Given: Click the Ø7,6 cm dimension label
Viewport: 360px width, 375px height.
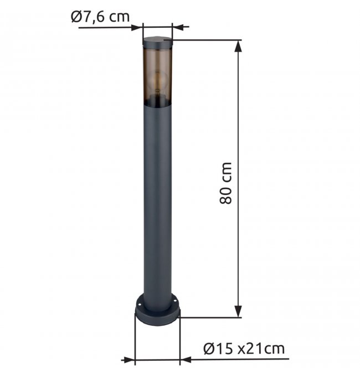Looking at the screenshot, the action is pos(100,17).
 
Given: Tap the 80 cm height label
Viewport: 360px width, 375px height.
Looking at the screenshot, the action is pos(225,183).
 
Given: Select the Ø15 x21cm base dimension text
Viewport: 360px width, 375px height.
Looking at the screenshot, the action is pos(244,349).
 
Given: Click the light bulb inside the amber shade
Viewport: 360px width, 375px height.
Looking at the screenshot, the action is pos(157,81).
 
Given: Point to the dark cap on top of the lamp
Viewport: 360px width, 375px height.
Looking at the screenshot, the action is pos(157,43).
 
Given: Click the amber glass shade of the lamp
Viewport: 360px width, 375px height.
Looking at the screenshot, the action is pos(157,76).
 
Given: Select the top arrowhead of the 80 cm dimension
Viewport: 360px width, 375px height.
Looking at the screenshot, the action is pos(238,46).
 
